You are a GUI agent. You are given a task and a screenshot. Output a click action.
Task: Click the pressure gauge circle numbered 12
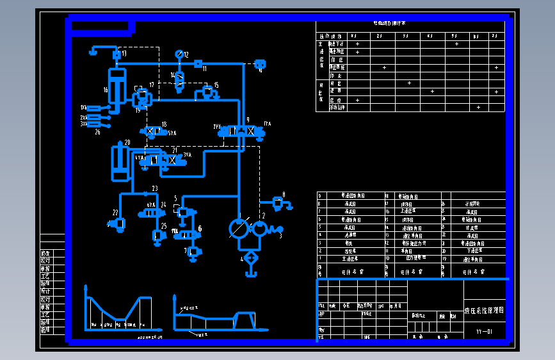(179, 54)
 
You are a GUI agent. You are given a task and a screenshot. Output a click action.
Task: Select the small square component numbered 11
(198, 64)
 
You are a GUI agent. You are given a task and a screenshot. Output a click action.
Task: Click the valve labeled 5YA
(153, 131)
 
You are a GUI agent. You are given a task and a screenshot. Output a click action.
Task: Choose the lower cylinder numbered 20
(118, 162)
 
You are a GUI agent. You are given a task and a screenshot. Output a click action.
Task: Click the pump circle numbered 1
(239, 229)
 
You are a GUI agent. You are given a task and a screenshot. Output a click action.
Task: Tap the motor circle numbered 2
(260, 229)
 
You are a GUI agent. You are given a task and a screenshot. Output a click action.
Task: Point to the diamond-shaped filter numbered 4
(250, 258)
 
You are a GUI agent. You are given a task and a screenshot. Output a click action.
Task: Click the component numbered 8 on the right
(278, 202)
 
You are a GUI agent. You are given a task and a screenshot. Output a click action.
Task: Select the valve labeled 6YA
(151, 212)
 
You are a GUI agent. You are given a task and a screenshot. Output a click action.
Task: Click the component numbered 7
(193, 252)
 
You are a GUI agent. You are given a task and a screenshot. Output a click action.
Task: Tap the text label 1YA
(267, 124)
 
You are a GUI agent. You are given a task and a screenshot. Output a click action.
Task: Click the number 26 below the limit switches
(97, 132)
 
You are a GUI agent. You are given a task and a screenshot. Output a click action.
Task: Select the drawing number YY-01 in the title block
(484, 331)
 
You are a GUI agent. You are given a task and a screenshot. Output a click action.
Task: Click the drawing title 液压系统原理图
(483, 309)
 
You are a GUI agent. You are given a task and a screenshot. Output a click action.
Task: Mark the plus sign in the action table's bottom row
(478, 107)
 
